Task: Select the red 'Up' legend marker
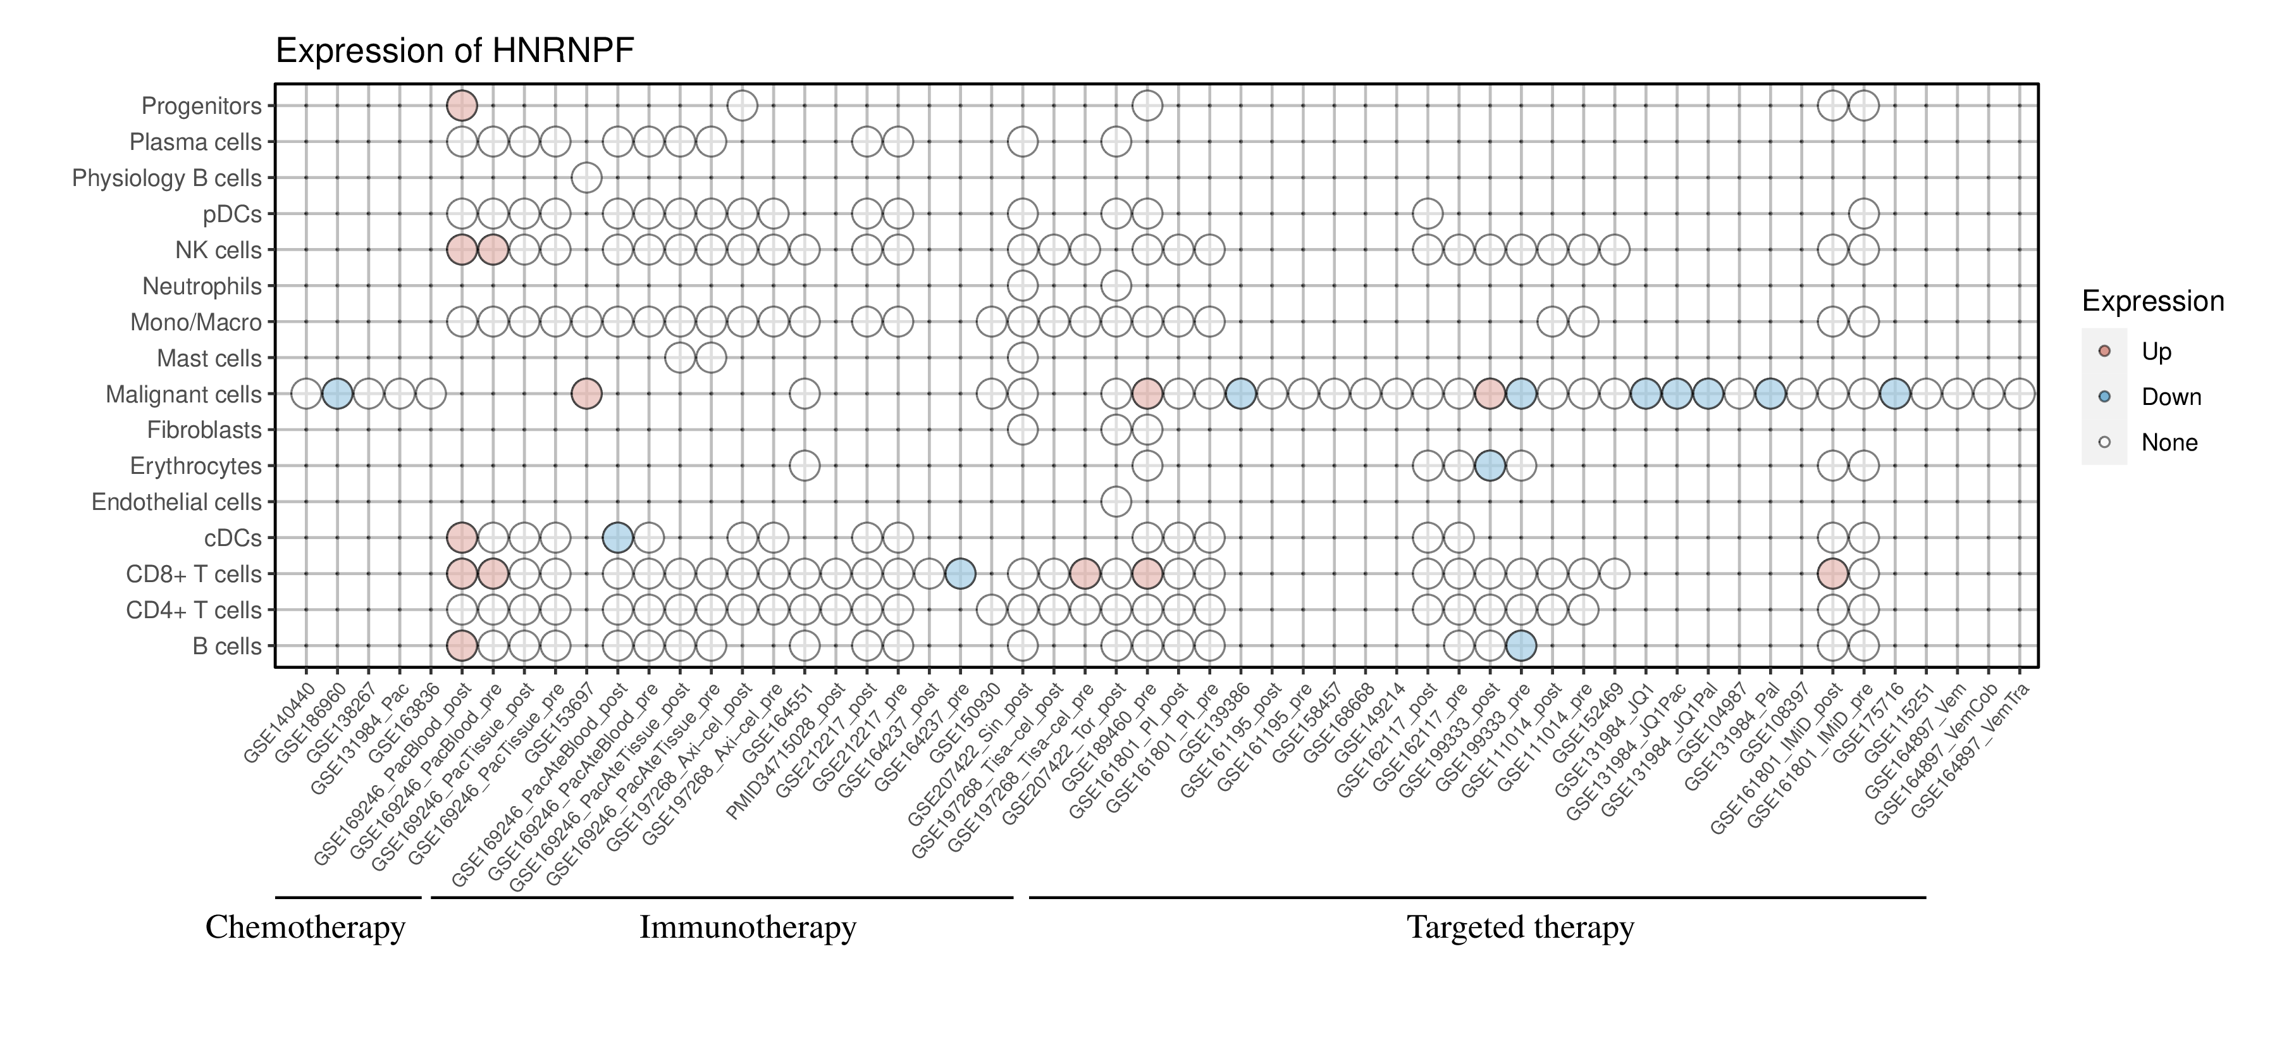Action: [x=2104, y=351]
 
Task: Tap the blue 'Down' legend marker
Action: [x=2104, y=397]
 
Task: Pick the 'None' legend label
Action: [x=2169, y=443]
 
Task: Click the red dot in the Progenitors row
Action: [x=462, y=106]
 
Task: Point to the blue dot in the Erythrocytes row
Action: [x=1490, y=466]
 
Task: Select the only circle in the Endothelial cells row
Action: [x=1116, y=502]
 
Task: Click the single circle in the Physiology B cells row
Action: [x=587, y=178]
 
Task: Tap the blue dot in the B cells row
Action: [x=1521, y=646]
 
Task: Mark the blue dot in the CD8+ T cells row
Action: [x=960, y=574]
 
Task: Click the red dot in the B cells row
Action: [x=462, y=646]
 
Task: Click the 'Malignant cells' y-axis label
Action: [x=184, y=394]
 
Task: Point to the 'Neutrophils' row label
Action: [x=202, y=287]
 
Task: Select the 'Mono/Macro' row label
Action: [x=196, y=323]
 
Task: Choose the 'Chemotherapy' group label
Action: [x=305, y=928]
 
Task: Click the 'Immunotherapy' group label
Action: [x=748, y=928]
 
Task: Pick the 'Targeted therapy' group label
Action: [x=1521, y=928]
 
